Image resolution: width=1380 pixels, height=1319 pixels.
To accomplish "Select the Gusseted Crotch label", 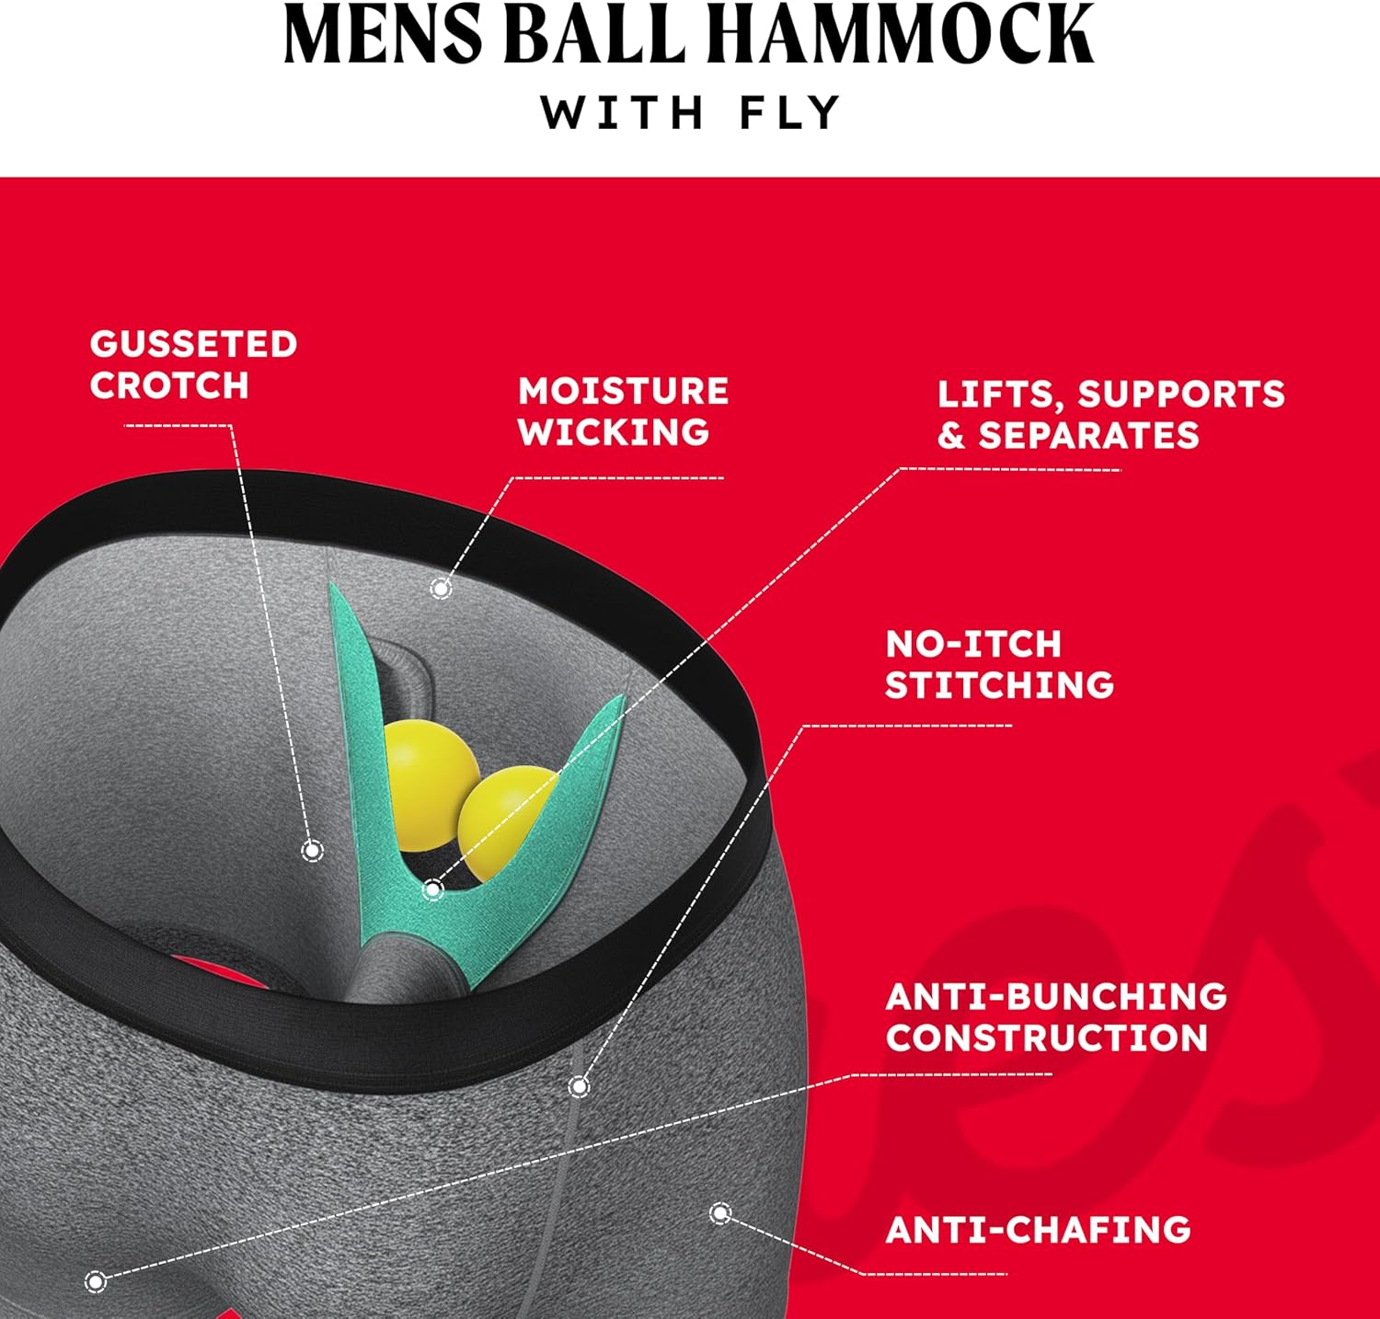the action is (x=193, y=364).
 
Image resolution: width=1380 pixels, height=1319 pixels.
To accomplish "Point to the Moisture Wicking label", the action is (x=623, y=411).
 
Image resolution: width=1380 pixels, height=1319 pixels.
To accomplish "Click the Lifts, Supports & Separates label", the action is (x=1110, y=414).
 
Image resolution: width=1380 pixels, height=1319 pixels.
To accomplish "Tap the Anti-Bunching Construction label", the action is (x=1056, y=1016).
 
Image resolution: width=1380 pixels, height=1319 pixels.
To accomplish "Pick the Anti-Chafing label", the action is (x=1038, y=1230).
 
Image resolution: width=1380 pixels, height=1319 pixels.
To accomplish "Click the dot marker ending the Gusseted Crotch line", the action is (x=313, y=850).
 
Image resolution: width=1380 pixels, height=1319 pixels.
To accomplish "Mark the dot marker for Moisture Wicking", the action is (x=442, y=588).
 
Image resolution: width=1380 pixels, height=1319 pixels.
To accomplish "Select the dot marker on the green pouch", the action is (x=432, y=889).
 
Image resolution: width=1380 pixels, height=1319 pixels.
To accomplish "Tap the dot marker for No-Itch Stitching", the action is (x=579, y=1087).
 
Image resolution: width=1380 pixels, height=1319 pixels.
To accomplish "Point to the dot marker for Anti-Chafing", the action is (x=720, y=1214).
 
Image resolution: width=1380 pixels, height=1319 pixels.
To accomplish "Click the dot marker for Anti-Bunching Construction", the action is (x=96, y=1280).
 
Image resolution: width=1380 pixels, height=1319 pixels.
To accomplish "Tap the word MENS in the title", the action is (x=384, y=35).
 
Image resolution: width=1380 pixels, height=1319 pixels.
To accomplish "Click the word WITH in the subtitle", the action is (x=622, y=113).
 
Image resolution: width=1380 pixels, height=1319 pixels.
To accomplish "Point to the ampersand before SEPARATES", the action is (x=950, y=435).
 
